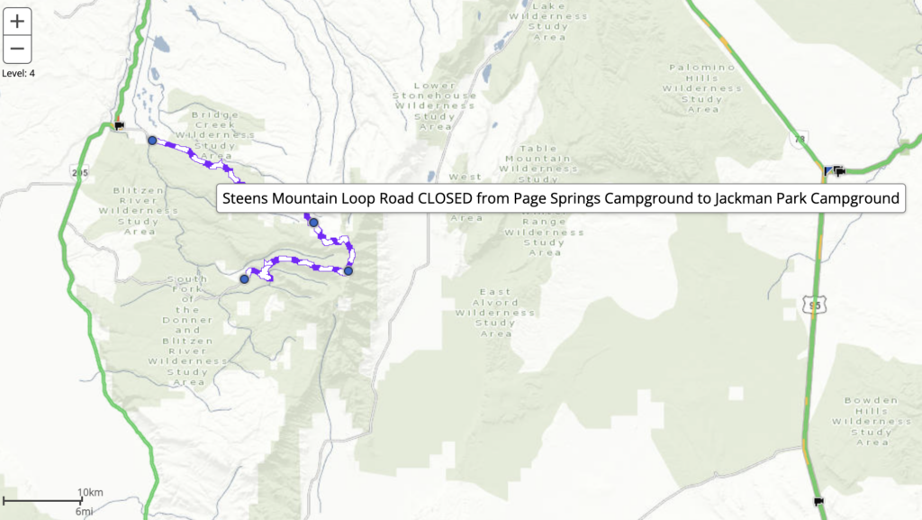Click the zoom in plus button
17,22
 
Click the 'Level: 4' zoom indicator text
19,73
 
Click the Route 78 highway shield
800,139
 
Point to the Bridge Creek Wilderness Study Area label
214,136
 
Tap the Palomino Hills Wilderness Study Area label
702,88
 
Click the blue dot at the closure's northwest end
152,140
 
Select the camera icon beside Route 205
118,126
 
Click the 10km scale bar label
91,492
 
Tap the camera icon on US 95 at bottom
818,501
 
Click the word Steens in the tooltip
245,198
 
